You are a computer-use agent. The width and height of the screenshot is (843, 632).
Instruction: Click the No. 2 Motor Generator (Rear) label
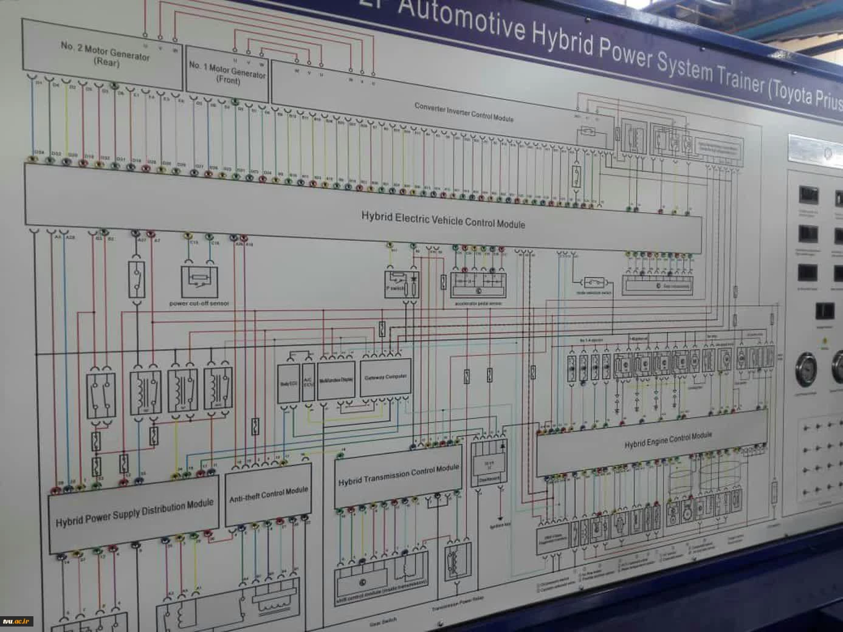coord(105,54)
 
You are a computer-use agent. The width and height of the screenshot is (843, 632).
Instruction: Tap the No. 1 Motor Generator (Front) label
coord(227,72)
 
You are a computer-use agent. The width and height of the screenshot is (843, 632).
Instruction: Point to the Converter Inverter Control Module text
coord(464,112)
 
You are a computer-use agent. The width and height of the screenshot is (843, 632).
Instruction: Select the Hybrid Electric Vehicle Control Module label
coord(443,219)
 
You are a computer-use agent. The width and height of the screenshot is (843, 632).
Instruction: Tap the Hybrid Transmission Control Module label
coord(398,475)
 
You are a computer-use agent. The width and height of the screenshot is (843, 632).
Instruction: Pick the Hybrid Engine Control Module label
coord(667,440)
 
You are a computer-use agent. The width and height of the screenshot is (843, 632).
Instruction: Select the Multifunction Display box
coord(335,380)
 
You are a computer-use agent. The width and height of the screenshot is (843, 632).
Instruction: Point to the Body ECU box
coord(287,383)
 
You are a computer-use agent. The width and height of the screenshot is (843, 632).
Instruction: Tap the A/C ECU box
coord(308,382)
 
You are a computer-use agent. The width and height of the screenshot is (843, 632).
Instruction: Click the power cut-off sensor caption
coord(199,303)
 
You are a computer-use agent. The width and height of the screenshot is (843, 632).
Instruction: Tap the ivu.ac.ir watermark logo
coord(16,621)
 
